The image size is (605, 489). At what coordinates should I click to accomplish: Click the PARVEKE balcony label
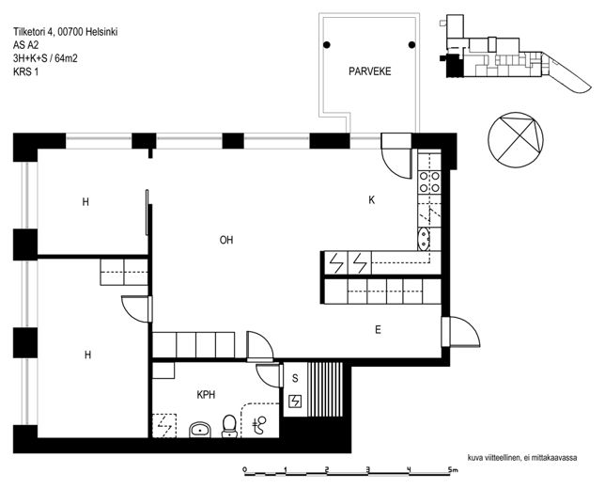(x=369, y=71)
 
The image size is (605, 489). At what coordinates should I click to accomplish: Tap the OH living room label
(x=226, y=240)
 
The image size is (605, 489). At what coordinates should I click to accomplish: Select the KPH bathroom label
(x=206, y=395)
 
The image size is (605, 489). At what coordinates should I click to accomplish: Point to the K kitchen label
(x=372, y=200)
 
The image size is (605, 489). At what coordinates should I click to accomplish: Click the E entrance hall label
(x=378, y=329)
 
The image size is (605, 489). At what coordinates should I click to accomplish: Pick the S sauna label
(x=295, y=378)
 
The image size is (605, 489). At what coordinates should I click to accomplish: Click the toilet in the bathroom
(x=229, y=426)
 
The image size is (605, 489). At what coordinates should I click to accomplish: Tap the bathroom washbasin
(x=200, y=430)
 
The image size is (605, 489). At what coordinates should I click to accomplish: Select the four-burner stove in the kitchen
(x=429, y=181)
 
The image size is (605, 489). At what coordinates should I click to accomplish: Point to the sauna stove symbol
(x=296, y=402)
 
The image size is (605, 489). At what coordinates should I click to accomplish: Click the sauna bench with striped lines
(x=325, y=389)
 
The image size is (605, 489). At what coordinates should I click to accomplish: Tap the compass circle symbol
(x=516, y=140)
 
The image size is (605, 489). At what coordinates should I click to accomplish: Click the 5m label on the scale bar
(x=453, y=470)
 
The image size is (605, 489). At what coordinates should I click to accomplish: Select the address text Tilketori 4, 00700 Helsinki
(x=66, y=32)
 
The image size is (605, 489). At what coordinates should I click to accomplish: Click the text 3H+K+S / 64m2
(x=45, y=58)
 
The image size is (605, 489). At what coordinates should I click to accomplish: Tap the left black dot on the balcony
(x=327, y=45)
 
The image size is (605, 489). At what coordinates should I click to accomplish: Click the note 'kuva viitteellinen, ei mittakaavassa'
(x=522, y=458)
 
